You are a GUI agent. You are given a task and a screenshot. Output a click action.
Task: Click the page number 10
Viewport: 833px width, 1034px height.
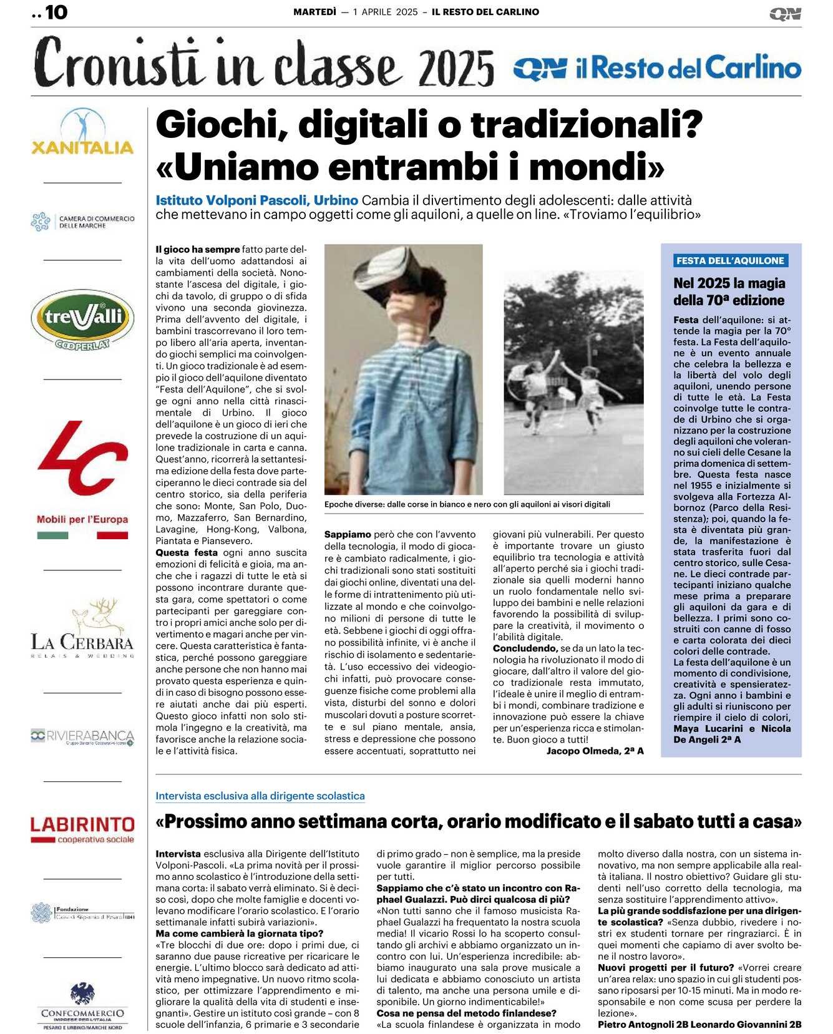point(56,12)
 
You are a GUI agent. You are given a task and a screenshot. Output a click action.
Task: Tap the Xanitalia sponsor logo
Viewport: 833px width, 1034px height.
point(82,133)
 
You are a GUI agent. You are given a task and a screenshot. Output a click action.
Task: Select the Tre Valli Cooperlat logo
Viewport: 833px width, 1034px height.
point(82,319)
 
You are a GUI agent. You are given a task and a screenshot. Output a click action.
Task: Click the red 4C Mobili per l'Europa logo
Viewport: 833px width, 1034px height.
point(82,477)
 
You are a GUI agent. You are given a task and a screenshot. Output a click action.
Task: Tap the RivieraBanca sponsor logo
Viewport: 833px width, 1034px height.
point(82,736)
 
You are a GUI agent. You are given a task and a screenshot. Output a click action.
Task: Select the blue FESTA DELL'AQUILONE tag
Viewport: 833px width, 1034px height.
point(730,261)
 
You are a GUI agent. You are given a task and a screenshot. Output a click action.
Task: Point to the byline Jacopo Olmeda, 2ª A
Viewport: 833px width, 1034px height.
point(595,751)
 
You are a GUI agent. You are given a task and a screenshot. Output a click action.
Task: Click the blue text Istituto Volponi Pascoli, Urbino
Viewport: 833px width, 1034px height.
point(256,200)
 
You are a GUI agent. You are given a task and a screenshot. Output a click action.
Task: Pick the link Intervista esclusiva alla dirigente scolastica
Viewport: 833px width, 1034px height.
point(260,796)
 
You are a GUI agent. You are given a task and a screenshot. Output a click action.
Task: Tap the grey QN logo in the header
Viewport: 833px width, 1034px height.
point(785,14)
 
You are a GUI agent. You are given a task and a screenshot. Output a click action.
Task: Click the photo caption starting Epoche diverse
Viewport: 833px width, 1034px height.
point(467,504)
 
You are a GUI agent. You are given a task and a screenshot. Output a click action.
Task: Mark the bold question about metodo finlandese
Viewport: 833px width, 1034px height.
point(466,1013)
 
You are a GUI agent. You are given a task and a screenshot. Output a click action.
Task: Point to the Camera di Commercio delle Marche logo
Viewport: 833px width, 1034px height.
point(82,222)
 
